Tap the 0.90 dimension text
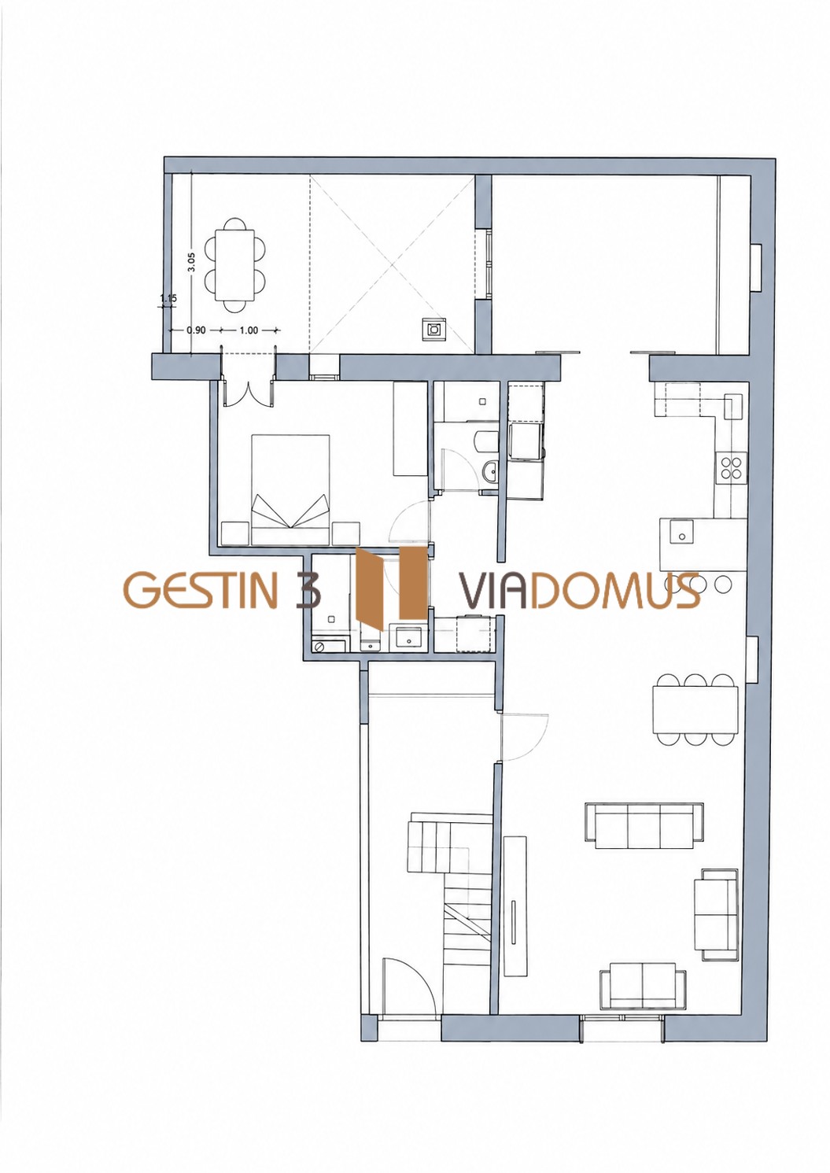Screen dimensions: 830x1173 point(196,330)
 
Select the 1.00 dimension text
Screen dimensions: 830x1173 point(249,330)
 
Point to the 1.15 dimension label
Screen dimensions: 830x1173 point(168,298)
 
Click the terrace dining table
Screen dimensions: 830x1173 point(234,265)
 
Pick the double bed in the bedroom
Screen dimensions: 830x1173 point(290,489)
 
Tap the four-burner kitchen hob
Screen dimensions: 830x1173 point(731,467)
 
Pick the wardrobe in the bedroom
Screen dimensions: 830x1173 point(409,429)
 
